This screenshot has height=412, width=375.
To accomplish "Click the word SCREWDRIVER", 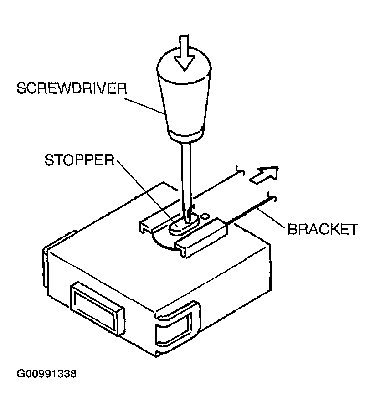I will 71,88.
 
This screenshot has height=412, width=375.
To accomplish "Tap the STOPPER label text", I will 79,160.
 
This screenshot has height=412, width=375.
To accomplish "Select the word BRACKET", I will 322,229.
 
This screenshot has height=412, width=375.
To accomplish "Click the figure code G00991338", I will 46,374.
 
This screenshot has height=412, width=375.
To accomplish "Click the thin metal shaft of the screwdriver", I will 186,173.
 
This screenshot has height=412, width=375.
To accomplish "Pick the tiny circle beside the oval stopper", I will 205,215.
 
